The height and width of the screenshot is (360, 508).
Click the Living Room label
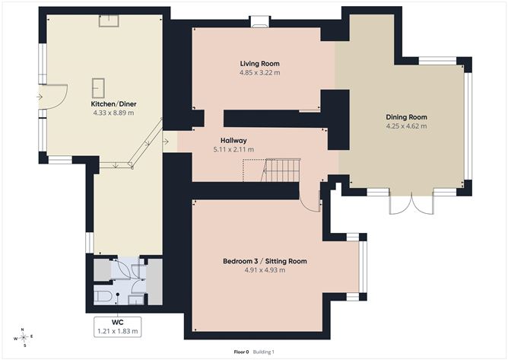click(259, 64)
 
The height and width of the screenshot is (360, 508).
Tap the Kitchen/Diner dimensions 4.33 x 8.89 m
click(113, 113)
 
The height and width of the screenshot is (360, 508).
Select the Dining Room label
click(406, 117)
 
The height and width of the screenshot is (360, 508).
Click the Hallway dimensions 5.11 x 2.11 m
click(233, 149)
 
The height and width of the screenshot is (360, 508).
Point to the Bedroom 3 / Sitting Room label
click(265, 261)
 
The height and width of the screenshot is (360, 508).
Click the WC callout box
click(118, 327)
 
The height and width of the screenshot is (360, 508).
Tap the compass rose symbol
click(24, 338)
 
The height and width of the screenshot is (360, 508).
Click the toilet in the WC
click(103, 296)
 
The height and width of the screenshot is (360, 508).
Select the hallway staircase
click(281, 170)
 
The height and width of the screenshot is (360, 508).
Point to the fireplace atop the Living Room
click(260, 22)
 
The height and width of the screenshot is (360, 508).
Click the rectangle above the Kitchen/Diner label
click(98, 88)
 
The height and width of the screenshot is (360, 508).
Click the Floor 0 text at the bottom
click(241, 352)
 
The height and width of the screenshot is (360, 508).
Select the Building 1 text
click(264, 352)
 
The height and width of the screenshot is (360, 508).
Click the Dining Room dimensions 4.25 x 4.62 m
click(406, 126)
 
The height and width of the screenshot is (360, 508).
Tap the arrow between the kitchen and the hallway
click(166, 142)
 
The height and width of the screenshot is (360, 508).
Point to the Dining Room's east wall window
click(468, 126)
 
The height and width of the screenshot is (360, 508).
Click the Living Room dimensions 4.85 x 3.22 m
click(259, 72)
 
